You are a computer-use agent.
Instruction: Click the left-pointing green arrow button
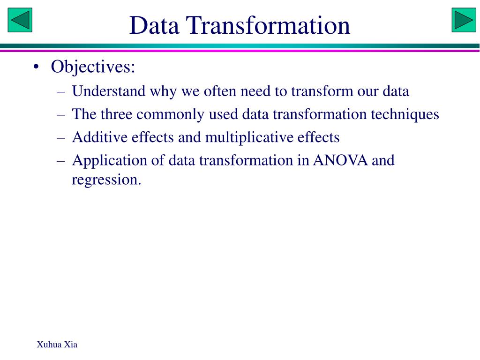pyautogui.click(x=20, y=20)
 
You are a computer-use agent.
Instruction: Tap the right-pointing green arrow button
pyautogui.click(x=464, y=20)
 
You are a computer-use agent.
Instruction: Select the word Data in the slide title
pyautogui.click(x=154, y=25)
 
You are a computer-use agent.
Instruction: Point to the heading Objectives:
pyautogui.click(x=93, y=67)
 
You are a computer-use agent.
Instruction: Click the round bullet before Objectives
pyautogui.click(x=36, y=67)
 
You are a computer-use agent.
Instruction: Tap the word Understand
pyautogui.click(x=109, y=91)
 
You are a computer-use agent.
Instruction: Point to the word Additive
pyautogui.click(x=99, y=137)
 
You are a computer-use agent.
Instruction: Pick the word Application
pyautogui.click(x=109, y=161)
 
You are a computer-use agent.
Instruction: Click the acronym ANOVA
pyautogui.click(x=341, y=160)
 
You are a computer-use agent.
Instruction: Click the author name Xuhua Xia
pyautogui.click(x=57, y=345)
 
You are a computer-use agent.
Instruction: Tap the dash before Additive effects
pyautogui.click(x=61, y=138)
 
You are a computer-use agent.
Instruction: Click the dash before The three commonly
pyautogui.click(x=61, y=114)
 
